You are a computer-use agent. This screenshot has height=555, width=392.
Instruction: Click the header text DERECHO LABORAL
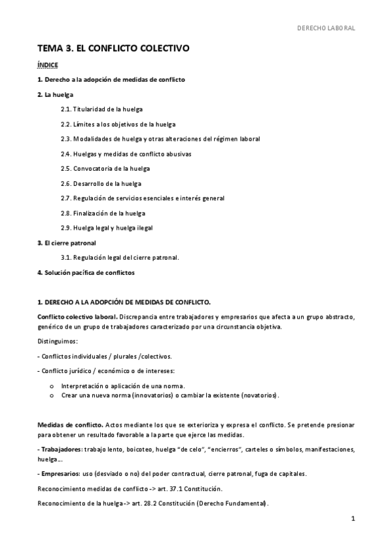[x=326, y=29]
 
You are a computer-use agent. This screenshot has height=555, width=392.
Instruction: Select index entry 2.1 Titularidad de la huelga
[x=101, y=109]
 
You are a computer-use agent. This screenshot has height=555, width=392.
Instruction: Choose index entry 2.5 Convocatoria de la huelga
[x=105, y=169]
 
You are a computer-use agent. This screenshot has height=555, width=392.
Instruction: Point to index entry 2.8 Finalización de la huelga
[x=103, y=213]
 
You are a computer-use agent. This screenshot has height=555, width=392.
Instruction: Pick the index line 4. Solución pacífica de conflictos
[x=86, y=272]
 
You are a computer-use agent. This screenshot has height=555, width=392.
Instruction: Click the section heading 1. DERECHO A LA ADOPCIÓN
[x=124, y=302]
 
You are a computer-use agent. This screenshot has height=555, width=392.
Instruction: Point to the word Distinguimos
[x=58, y=342]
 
